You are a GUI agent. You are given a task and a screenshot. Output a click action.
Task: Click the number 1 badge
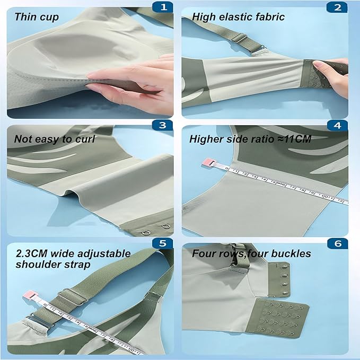tap(163, 7)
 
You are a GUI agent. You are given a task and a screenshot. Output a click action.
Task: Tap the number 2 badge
tap(337, 7)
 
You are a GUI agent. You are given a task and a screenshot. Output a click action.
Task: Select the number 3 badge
tap(163, 125)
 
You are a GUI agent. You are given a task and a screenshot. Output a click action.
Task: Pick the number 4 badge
tap(337, 126)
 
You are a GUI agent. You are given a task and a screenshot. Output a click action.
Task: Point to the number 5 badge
tap(163, 243)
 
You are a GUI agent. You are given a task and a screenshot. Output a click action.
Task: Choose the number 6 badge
tap(338, 243)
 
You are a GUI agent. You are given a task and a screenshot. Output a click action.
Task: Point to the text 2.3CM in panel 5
tap(32, 253)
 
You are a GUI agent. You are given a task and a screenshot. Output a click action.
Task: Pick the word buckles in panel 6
tap(291, 253)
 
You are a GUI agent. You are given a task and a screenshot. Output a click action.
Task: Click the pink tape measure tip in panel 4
tap(208, 163)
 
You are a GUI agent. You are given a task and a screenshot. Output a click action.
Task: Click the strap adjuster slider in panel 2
tap(239, 37)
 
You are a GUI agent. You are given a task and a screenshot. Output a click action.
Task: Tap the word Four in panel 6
tap(203, 253)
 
